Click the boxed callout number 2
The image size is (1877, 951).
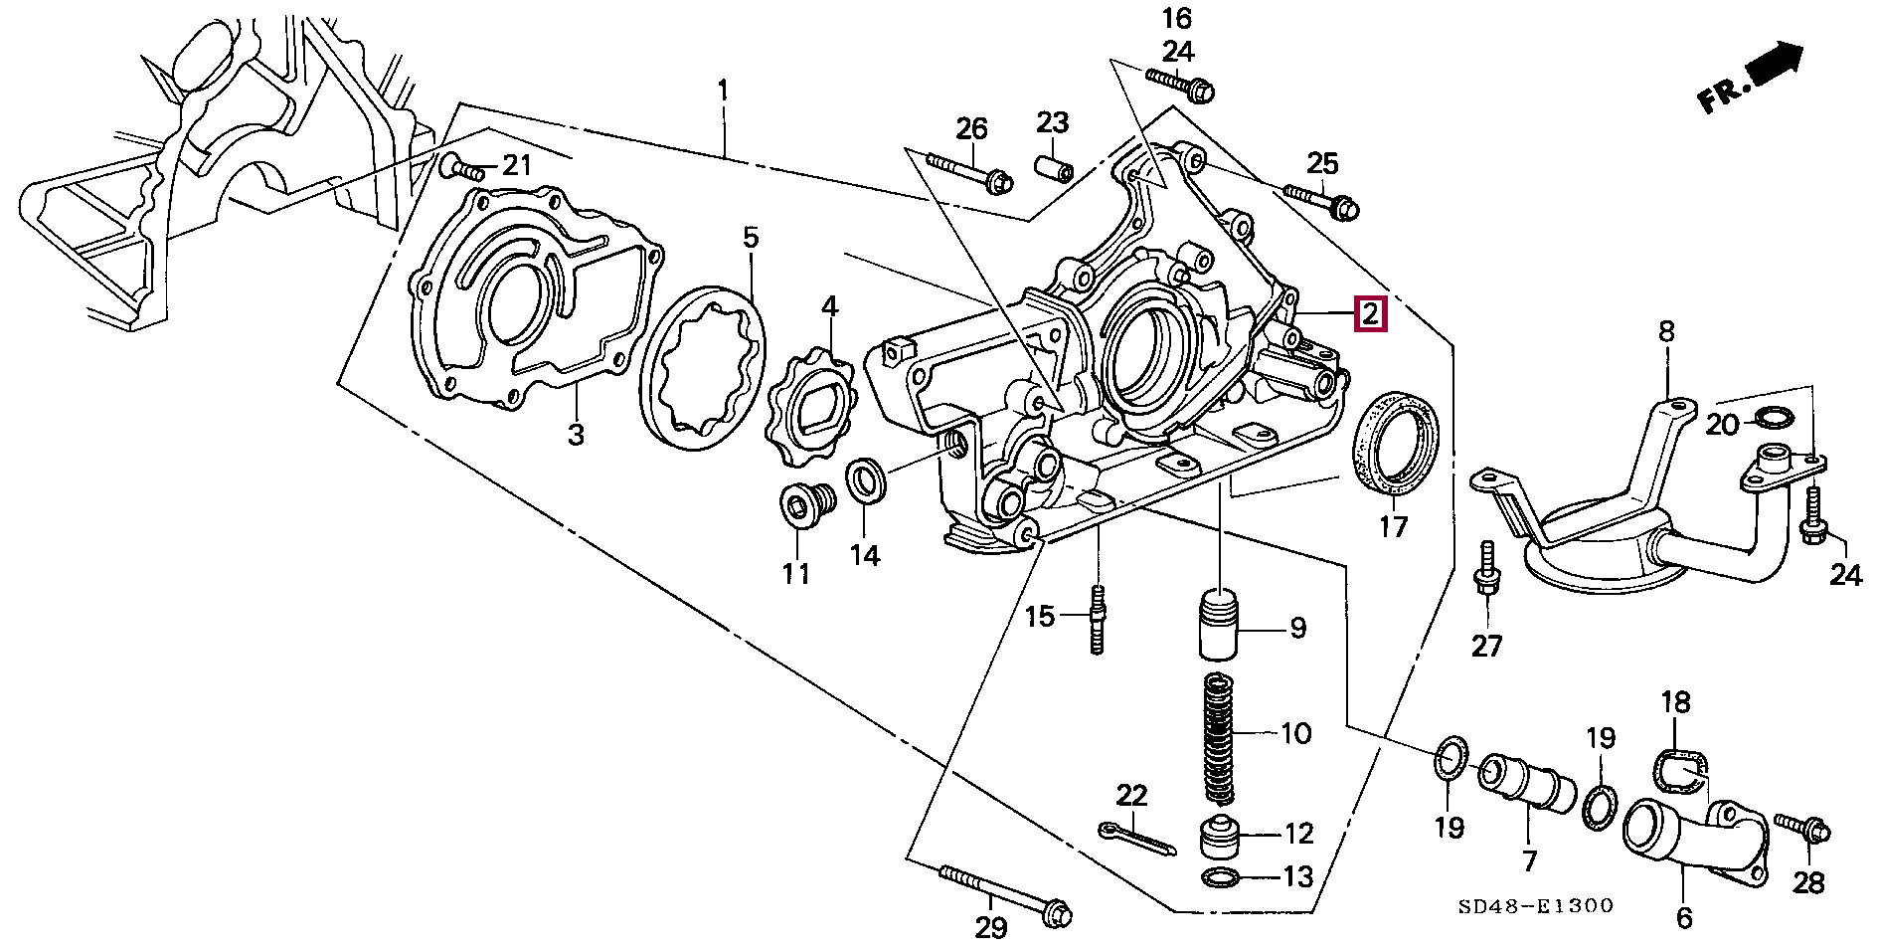[x=1369, y=314]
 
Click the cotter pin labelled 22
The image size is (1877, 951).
[x=1137, y=838]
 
